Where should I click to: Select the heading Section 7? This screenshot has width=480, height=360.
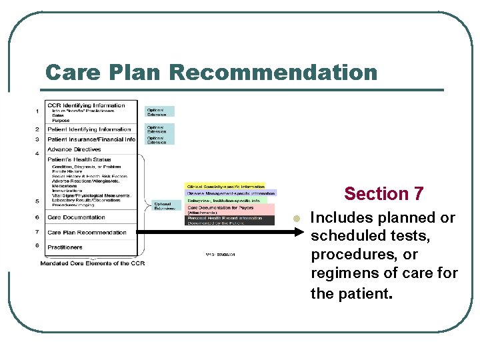point(383,194)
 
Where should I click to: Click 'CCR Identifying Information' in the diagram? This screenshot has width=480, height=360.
point(86,105)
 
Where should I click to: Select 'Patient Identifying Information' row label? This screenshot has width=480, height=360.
point(89,129)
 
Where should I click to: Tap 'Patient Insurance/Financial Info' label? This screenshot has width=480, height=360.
point(91,139)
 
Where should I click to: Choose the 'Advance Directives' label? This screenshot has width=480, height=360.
point(74,149)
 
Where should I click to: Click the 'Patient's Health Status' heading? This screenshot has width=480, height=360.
point(79,159)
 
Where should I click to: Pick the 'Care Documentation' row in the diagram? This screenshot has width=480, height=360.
point(76,217)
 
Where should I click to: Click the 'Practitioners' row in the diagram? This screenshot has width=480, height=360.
point(65,247)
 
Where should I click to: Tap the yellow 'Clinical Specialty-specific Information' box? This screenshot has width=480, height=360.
point(225,187)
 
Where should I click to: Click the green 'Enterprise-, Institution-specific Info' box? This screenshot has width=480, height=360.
point(225,199)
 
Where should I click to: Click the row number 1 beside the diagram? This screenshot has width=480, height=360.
point(37,111)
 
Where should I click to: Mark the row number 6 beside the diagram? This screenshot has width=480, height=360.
point(37,217)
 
